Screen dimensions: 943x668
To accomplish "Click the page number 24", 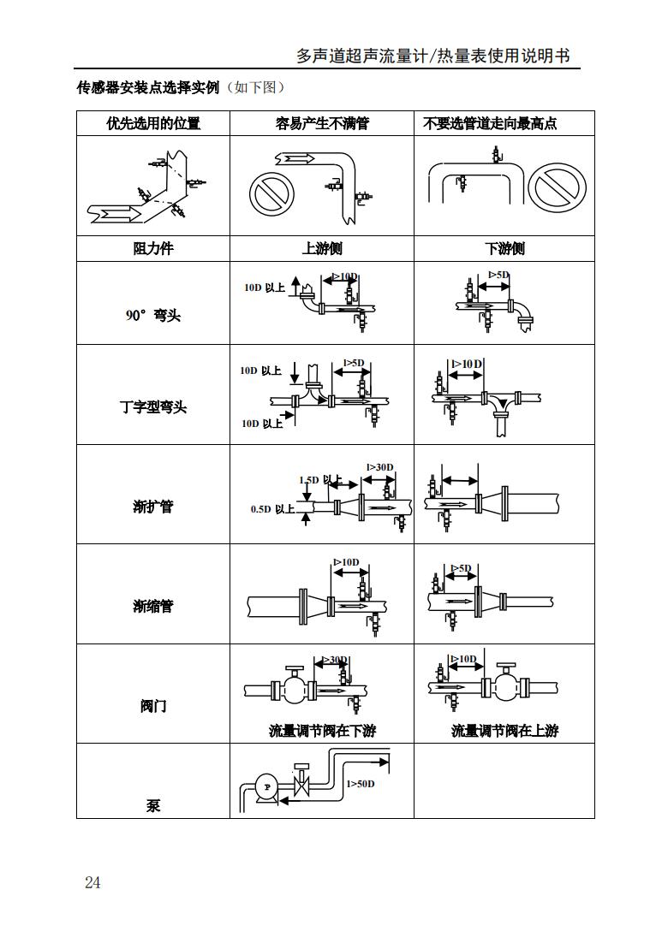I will coord(92,882).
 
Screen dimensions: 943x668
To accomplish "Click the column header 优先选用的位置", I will coord(153,123).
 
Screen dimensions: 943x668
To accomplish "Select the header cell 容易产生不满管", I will coord(322,123).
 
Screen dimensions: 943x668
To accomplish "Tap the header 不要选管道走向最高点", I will coord(490,123).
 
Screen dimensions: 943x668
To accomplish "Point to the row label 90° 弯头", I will coord(153,316).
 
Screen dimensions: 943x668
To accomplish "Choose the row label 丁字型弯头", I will coord(153,406).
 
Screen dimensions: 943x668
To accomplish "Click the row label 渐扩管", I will coord(153,506).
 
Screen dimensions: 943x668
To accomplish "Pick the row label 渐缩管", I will coord(153,606).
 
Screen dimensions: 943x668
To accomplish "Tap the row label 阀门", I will coord(153,706).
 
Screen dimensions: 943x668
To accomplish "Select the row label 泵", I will coord(153,805).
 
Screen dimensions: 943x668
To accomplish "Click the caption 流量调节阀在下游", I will coord(322,731).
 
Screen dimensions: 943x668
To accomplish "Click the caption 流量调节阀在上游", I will coord(504,731).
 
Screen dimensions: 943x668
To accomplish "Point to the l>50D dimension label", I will coord(361,783).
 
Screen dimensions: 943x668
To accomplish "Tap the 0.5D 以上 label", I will coord(272,509).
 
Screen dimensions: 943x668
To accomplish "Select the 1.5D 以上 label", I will coord(320,480).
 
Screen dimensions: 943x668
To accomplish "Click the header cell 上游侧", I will coord(322,249).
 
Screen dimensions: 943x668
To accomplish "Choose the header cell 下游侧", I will coord(504,249).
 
